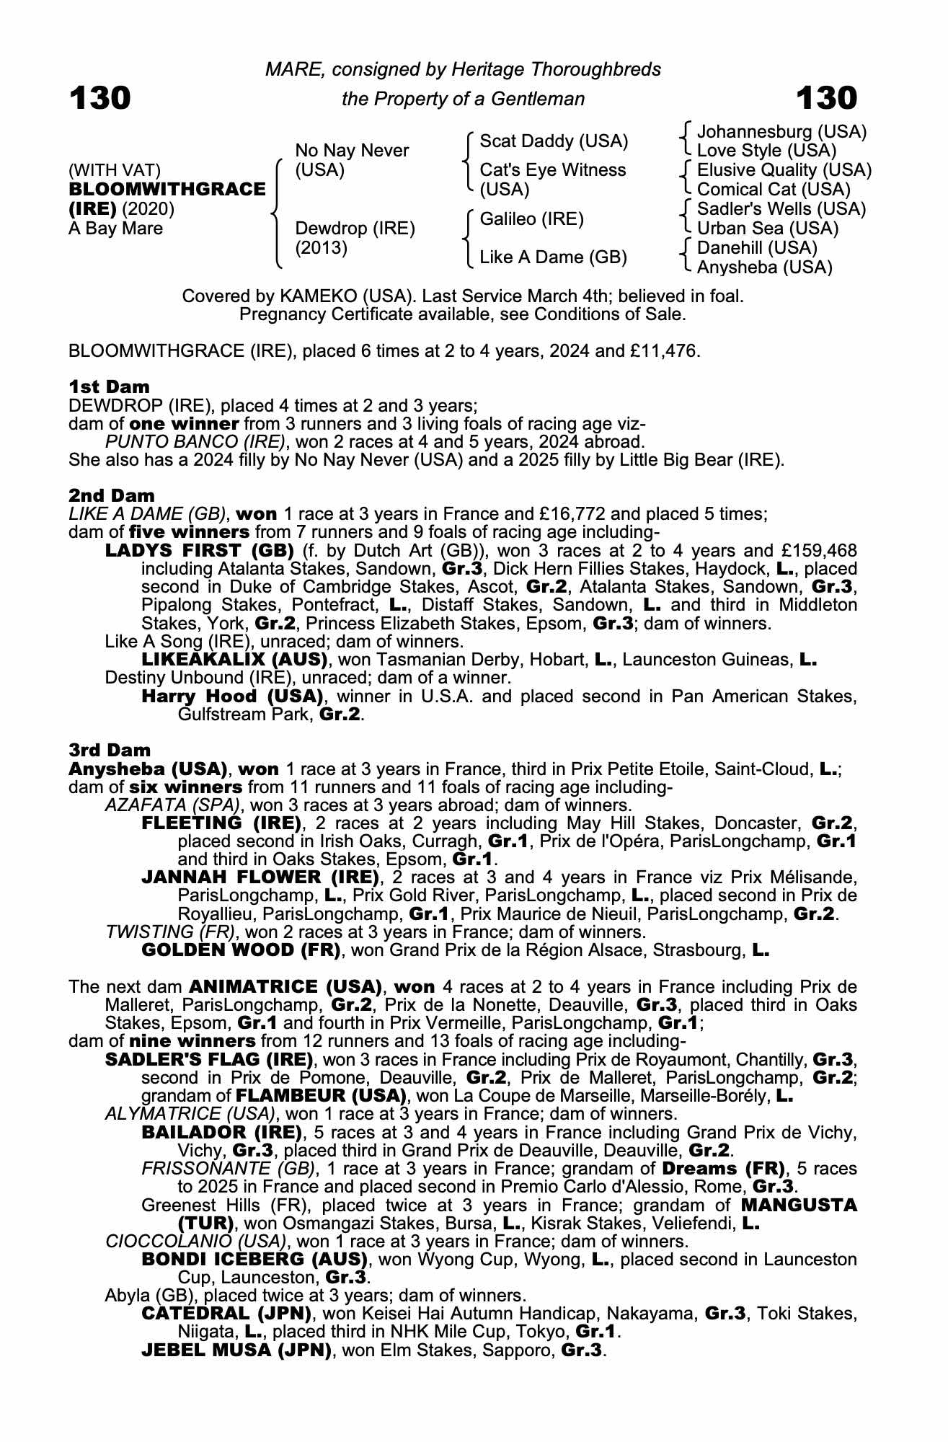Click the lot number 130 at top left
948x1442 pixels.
[99, 98]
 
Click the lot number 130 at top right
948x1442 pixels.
[826, 98]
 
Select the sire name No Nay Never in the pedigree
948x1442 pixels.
[352, 151]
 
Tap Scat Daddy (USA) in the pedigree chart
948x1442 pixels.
[554, 141]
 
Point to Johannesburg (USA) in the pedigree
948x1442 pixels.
[781, 132]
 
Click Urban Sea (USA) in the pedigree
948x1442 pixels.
[768, 229]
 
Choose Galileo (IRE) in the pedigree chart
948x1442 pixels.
[531, 219]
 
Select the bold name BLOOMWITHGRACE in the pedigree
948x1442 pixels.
[167, 190]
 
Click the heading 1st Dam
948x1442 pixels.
[109, 386]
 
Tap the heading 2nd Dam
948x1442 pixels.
[111, 495]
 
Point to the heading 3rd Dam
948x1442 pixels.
[110, 750]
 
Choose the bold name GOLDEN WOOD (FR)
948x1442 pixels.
[241, 950]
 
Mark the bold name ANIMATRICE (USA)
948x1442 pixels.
[285, 986]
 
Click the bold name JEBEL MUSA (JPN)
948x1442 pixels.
[236, 1350]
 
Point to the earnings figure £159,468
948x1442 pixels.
[814, 551]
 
